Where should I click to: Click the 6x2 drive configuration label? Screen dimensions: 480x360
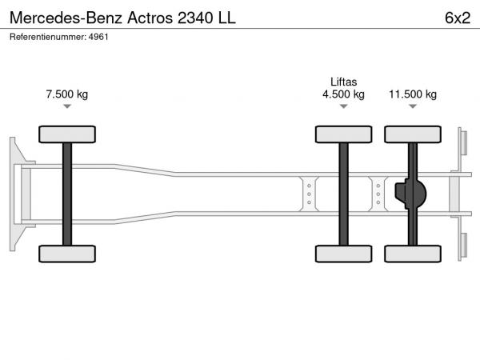tap(458, 18)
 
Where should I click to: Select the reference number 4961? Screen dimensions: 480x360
tap(98, 37)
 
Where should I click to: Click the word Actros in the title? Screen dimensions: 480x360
tap(150, 18)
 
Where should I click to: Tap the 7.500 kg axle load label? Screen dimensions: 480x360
tap(67, 94)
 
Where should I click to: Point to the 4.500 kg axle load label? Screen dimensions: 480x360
tap(343, 94)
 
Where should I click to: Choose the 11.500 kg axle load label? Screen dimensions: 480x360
tap(413, 94)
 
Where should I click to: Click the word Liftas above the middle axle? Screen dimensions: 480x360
tap(343, 82)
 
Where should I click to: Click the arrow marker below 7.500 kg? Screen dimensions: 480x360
tap(67, 106)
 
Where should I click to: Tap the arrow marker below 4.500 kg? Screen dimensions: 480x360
tap(343, 106)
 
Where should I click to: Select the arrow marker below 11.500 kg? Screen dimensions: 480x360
tap(413, 106)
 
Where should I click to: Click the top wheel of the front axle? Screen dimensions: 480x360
tap(67, 134)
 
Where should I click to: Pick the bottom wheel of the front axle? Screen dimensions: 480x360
tap(67, 254)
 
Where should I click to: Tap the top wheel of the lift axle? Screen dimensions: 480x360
tap(343, 134)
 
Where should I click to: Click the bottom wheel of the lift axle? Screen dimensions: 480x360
tap(343, 254)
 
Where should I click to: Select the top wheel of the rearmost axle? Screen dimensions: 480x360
tap(413, 134)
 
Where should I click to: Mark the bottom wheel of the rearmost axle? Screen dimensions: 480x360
tap(413, 254)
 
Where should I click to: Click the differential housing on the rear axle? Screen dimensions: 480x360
tap(410, 194)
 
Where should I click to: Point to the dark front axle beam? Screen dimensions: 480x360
tap(67, 194)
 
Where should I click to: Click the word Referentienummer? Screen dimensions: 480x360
tap(48, 37)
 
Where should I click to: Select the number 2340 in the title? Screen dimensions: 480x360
tap(195, 18)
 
